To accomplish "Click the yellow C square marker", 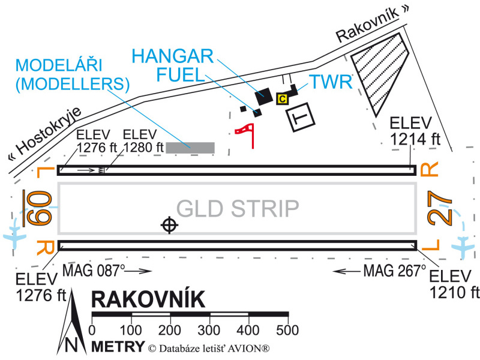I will click(281, 100).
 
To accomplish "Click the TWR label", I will click(329, 82).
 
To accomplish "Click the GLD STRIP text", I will click(238, 208).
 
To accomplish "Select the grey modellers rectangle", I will click(190, 147).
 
